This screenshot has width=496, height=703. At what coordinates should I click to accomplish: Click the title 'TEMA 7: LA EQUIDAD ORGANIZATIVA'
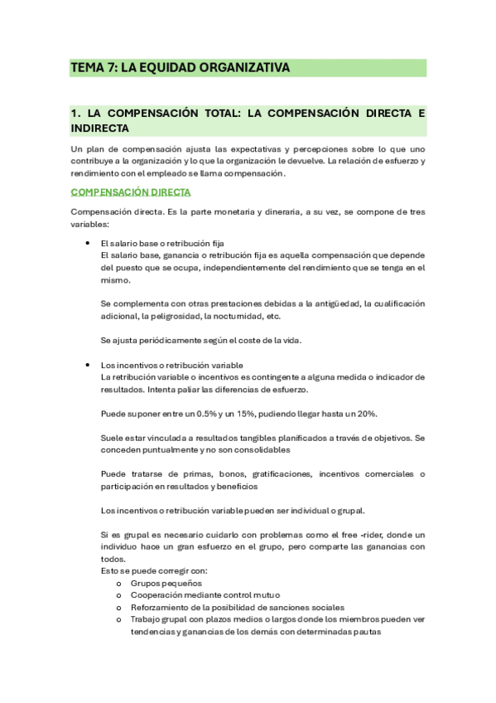pos(180,68)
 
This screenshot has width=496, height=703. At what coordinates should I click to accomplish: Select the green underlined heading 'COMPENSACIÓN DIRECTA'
pos(131,192)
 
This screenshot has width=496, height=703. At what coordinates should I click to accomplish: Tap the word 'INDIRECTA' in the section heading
pos(100,128)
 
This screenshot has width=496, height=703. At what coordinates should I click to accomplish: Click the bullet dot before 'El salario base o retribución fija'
pos(88,244)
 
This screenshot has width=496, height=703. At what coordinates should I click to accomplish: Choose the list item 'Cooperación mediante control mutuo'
pos(205,594)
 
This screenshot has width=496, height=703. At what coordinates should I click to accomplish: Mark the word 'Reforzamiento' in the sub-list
pos(158,607)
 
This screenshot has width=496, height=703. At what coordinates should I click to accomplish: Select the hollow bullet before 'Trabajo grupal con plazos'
pos(120,619)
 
